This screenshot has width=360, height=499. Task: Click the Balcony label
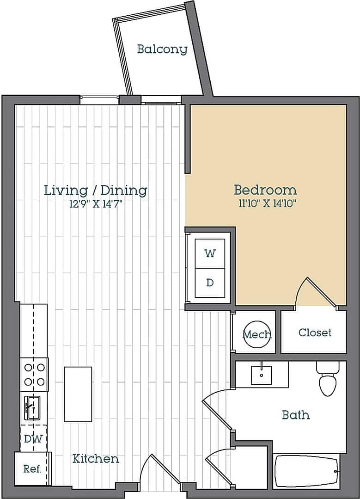[162, 49]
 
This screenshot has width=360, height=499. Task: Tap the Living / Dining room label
[96, 190]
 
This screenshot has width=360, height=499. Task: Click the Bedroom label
[265, 190]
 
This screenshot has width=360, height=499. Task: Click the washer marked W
[210, 253]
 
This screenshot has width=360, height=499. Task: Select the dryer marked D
[210, 283]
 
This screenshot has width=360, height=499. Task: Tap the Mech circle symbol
[257, 333]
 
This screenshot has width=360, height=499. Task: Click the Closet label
[315, 333]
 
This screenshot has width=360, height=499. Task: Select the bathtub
[307, 471]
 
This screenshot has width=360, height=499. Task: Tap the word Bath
[296, 415]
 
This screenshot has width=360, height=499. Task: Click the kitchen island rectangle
[78, 394]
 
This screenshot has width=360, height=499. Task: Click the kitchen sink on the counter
[32, 408]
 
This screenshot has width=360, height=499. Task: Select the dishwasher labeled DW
[34, 438]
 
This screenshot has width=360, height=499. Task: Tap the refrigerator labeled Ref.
[32, 468]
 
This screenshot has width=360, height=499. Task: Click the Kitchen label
[96, 459]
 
